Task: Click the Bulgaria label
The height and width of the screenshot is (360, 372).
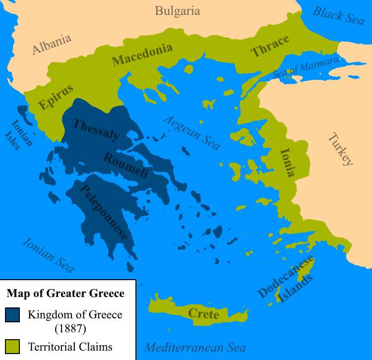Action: (177, 11)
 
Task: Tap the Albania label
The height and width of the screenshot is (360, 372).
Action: (52, 44)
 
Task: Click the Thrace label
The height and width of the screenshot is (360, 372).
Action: (270, 47)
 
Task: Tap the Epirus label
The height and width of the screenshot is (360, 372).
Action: (56, 97)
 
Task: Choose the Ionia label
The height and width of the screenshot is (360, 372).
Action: (288, 162)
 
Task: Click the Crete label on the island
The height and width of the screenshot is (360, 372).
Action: (203, 314)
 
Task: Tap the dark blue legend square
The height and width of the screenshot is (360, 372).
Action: (12, 315)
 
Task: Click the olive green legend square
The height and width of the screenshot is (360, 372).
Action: (12, 347)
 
